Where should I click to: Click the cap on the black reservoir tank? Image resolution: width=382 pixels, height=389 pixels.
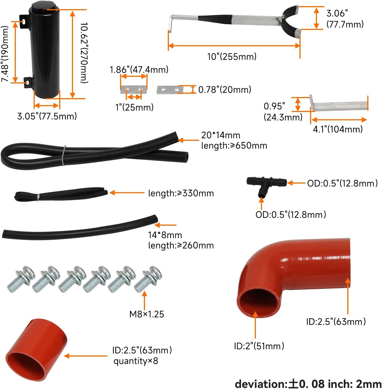click(x=39, y=6)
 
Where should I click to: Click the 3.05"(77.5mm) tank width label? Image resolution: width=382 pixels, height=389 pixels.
click(x=47, y=116)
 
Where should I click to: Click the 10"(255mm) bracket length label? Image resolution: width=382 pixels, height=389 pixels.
click(x=232, y=57)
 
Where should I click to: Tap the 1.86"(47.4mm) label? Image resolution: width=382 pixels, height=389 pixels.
click(x=139, y=70)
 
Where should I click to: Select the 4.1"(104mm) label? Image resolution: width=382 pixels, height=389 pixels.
click(x=338, y=129)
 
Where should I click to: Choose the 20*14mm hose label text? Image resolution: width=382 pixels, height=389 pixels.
click(x=221, y=135)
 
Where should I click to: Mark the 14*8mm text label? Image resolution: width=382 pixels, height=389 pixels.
click(x=165, y=235)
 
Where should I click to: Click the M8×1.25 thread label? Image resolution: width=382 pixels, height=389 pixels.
click(x=147, y=314)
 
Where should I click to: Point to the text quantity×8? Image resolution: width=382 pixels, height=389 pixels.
click(x=136, y=361)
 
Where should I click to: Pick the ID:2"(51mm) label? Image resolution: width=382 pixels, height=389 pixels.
click(x=259, y=346)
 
